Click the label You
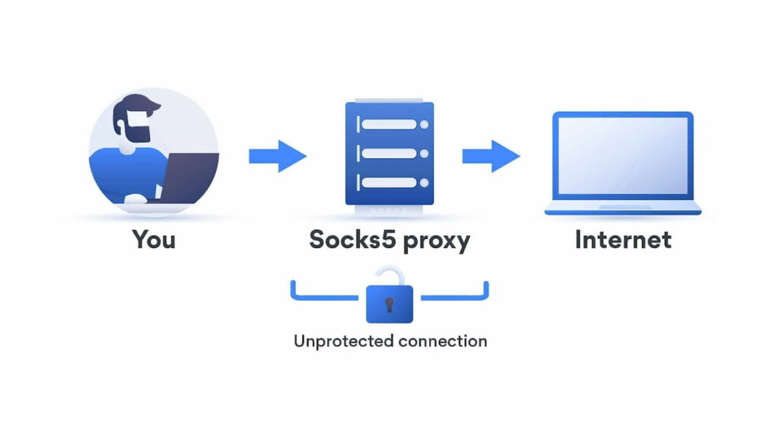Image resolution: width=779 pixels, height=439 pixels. [154, 240]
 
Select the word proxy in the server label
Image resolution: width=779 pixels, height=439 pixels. [436, 241]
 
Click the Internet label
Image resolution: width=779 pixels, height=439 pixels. [623, 240]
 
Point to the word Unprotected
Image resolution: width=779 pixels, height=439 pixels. [341, 340]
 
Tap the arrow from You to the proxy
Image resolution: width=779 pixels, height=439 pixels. [277, 156]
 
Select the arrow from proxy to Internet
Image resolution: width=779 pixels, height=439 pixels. [491, 156]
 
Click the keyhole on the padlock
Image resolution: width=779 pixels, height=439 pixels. [389, 304]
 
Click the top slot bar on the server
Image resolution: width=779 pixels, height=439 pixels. [389, 124]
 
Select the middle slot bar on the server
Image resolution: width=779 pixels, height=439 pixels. [389, 153]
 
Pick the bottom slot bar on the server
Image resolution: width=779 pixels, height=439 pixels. [389, 183]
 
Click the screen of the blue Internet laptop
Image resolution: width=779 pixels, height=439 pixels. [622, 158]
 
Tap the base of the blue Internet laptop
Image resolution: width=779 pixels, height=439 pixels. [622, 209]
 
